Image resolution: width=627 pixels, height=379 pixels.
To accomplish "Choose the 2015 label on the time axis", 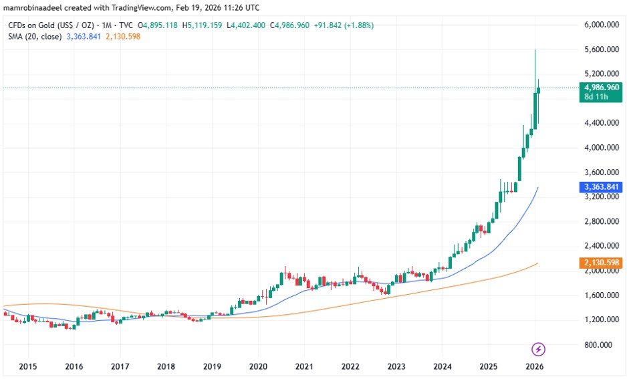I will click(27, 366).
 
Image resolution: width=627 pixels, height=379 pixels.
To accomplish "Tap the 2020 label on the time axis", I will click(258, 366).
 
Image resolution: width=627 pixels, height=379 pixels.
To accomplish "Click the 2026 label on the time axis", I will click(534, 366).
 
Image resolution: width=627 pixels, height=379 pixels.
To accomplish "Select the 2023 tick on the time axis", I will click(396, 366).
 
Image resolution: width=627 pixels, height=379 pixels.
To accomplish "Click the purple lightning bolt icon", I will click(539, 348).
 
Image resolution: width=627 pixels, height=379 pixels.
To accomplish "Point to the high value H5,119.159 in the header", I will click(205, 25).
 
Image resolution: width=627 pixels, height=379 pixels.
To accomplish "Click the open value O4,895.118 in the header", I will click(160, 25).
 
